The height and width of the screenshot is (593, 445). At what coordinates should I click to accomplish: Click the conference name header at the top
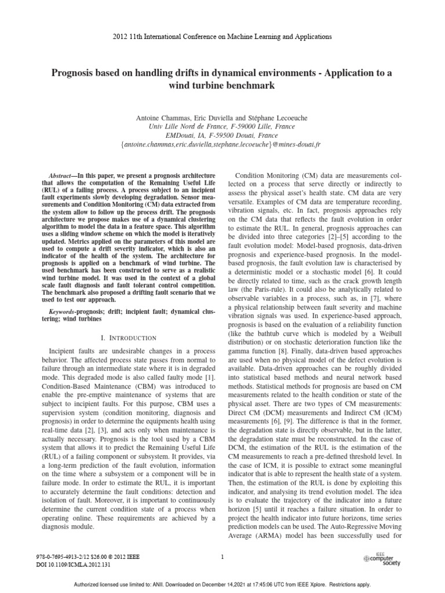pyautogui.click(x=222, y=36)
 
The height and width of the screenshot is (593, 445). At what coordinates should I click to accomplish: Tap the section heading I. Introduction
pyautogui.click(x=129, y=338)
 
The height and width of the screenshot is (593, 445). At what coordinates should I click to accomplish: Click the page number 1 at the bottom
pyautogui.click(x=222, y=557)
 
